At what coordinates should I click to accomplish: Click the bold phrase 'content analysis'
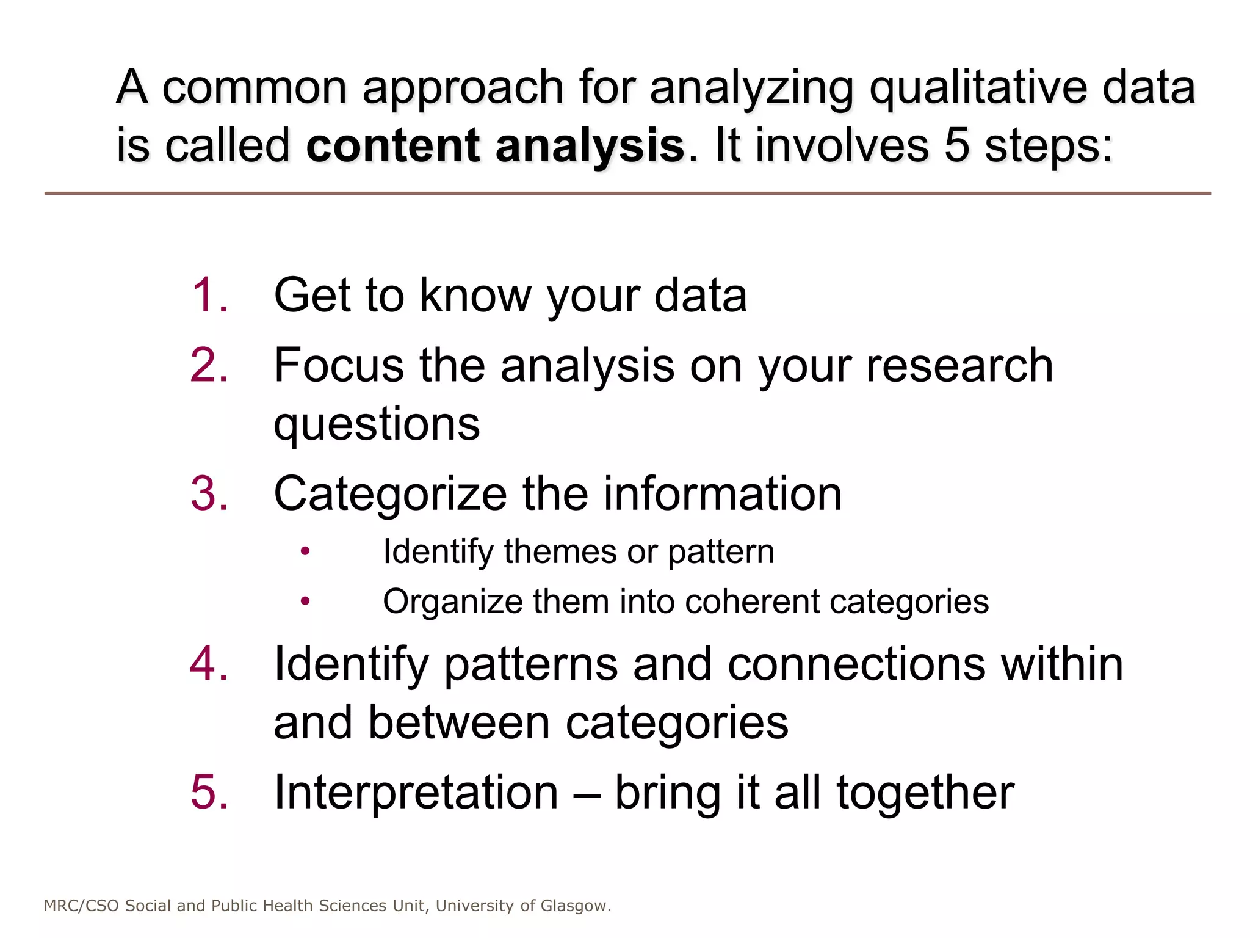pyautogui.click(x=495, y=146)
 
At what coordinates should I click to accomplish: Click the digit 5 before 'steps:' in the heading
pyautogui.click(x=957, y=146)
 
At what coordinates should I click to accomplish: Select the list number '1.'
pyautogui.click(x=209, y=296)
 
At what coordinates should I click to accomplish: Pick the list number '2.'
pyautogui.click(x=209, y=366)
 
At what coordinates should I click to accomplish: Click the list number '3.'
pyautogui.click(x=209, y=494)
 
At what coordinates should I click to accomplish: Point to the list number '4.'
pyautogui.click(x=209, y=664)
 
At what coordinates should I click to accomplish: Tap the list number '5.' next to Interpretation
pyautogui.click(x=209, y=793)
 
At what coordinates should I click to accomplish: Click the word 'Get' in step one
pyautogui.click(x=312, y=296)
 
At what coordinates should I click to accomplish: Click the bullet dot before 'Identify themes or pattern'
pyautogui.click(x=306, y=552)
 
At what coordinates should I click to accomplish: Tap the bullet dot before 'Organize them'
pyautogui.click(x=306, y=602)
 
